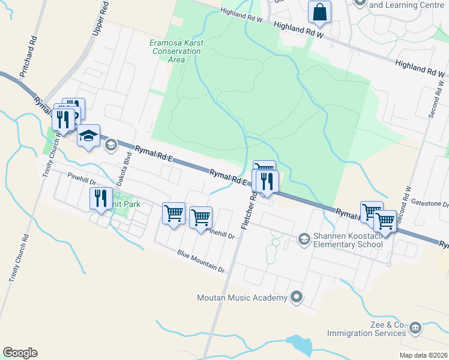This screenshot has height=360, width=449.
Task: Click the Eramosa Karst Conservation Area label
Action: [176, 51]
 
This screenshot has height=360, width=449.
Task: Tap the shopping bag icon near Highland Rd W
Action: [319, 12]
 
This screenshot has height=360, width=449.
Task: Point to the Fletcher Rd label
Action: [249, 210]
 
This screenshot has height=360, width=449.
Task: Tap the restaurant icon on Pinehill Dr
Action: [100, 198]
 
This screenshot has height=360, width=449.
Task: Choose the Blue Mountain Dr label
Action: [200, 261]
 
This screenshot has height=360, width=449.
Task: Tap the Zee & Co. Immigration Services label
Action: [367, 328]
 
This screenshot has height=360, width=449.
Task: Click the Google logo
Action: [20, 353]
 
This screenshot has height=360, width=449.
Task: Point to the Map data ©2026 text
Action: [423, 355]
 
